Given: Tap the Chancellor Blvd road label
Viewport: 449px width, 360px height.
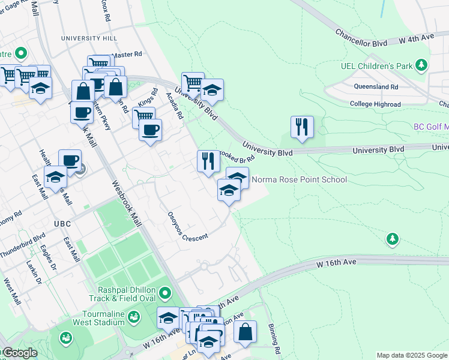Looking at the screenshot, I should point(360,37).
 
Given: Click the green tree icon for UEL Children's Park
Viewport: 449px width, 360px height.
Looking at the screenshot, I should point(422,64).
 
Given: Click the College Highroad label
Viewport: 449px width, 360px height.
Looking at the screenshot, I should point(375,104).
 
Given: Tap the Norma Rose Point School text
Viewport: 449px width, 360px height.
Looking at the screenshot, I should point(299,179).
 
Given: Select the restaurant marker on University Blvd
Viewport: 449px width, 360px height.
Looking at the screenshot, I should point(301,127).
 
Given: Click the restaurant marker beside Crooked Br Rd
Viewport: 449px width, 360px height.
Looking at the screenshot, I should point(208,161).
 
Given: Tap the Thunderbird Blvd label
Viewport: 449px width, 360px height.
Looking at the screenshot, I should point(23,246).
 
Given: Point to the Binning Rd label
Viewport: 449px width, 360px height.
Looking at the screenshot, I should point(275,340).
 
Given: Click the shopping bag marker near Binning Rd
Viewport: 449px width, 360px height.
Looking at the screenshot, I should point(245,331).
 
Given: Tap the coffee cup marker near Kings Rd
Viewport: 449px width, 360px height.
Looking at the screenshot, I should point(150,129).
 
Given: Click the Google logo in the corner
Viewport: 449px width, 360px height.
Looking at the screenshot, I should point(19,353).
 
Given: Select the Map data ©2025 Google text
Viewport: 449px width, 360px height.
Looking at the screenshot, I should point(412,355).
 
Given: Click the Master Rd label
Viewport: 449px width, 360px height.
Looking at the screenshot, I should point(127,55).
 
